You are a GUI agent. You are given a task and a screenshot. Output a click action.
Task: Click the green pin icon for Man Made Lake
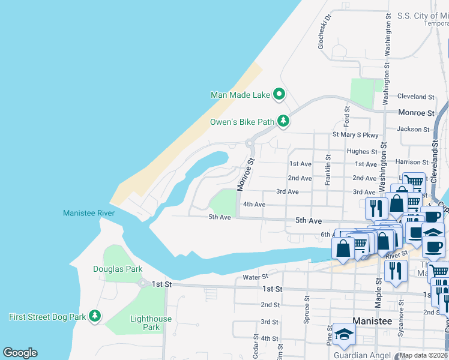(279, 94)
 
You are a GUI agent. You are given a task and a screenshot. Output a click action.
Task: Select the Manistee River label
(88, 213)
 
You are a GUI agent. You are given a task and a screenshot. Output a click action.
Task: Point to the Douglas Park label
(118, 269)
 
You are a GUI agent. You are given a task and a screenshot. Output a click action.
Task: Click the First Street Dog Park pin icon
(94, 316)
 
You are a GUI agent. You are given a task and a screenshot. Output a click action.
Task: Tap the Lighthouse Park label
(151, 323)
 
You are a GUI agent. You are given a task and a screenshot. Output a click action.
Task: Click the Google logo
(20, 353)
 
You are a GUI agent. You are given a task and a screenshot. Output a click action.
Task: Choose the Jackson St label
(413, 129)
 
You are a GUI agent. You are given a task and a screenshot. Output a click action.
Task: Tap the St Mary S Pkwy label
(356, 135)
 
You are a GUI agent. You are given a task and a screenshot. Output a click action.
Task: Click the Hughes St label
(362, 152)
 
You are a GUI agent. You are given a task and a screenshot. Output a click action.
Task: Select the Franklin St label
(328, 170)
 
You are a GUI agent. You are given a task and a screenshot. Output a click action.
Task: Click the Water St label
(255, 277)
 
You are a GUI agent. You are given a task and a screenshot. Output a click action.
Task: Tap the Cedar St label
(256, 347)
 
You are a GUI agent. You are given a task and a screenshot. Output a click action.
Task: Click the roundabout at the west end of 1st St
(143, 283)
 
